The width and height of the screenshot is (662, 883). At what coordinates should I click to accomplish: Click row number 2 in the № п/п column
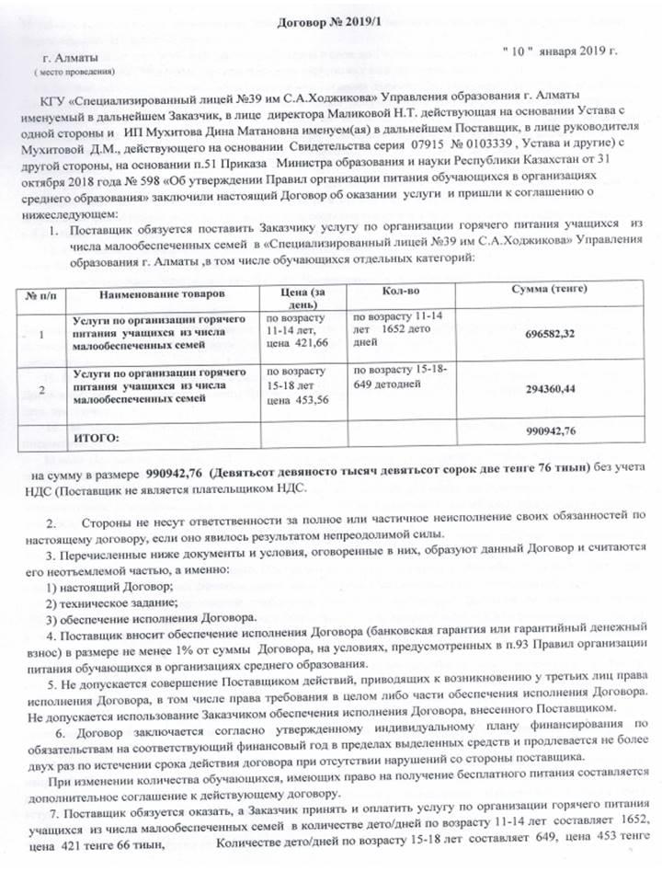click(40, 388)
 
